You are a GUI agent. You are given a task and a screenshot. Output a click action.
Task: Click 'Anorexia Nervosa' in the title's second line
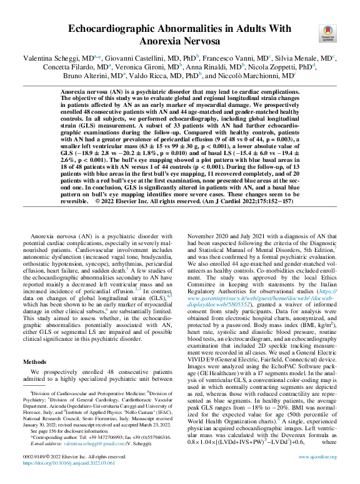179,41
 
